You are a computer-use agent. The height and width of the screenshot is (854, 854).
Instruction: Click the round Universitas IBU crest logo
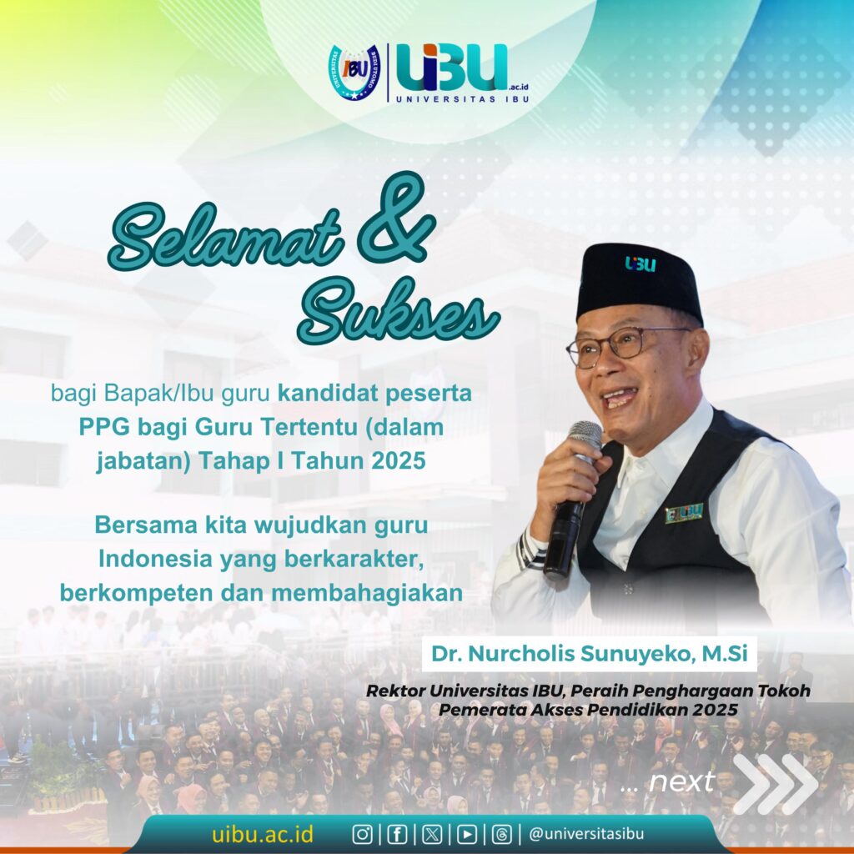[354, 72]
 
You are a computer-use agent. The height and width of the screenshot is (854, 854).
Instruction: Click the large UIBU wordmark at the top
[453, 68]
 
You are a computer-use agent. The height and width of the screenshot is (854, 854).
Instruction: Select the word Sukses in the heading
[399, 314]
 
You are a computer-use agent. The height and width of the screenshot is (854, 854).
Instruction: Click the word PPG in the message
[104, 427]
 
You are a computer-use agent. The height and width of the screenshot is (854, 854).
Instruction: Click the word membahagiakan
[367, 593]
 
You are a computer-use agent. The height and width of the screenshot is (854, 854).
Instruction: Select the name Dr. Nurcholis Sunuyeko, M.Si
[590, 654]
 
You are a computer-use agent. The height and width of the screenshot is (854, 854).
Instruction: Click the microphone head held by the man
[585, 435]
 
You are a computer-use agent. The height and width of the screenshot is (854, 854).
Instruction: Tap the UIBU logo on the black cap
[640, 264]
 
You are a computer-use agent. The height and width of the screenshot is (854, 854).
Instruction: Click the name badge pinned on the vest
[684, 512]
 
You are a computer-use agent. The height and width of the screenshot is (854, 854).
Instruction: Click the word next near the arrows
[681, 782]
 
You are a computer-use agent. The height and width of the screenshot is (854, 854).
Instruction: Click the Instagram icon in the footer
[362, 834]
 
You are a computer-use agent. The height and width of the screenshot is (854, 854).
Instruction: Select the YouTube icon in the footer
[467, 834]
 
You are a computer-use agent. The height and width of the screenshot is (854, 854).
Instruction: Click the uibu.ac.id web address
[263, 834]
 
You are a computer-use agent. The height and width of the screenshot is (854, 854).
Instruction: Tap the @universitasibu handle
[586, 834]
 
